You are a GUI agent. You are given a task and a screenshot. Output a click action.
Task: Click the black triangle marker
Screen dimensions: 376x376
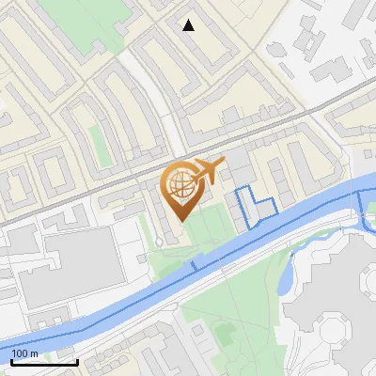(189, 25)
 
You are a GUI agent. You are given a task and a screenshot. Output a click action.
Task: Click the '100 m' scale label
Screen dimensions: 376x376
(25, 352)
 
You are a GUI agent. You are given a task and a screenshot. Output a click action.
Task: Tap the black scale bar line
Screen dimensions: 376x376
(43, 362)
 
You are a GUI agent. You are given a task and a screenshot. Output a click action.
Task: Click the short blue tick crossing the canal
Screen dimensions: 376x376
(194, 267)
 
